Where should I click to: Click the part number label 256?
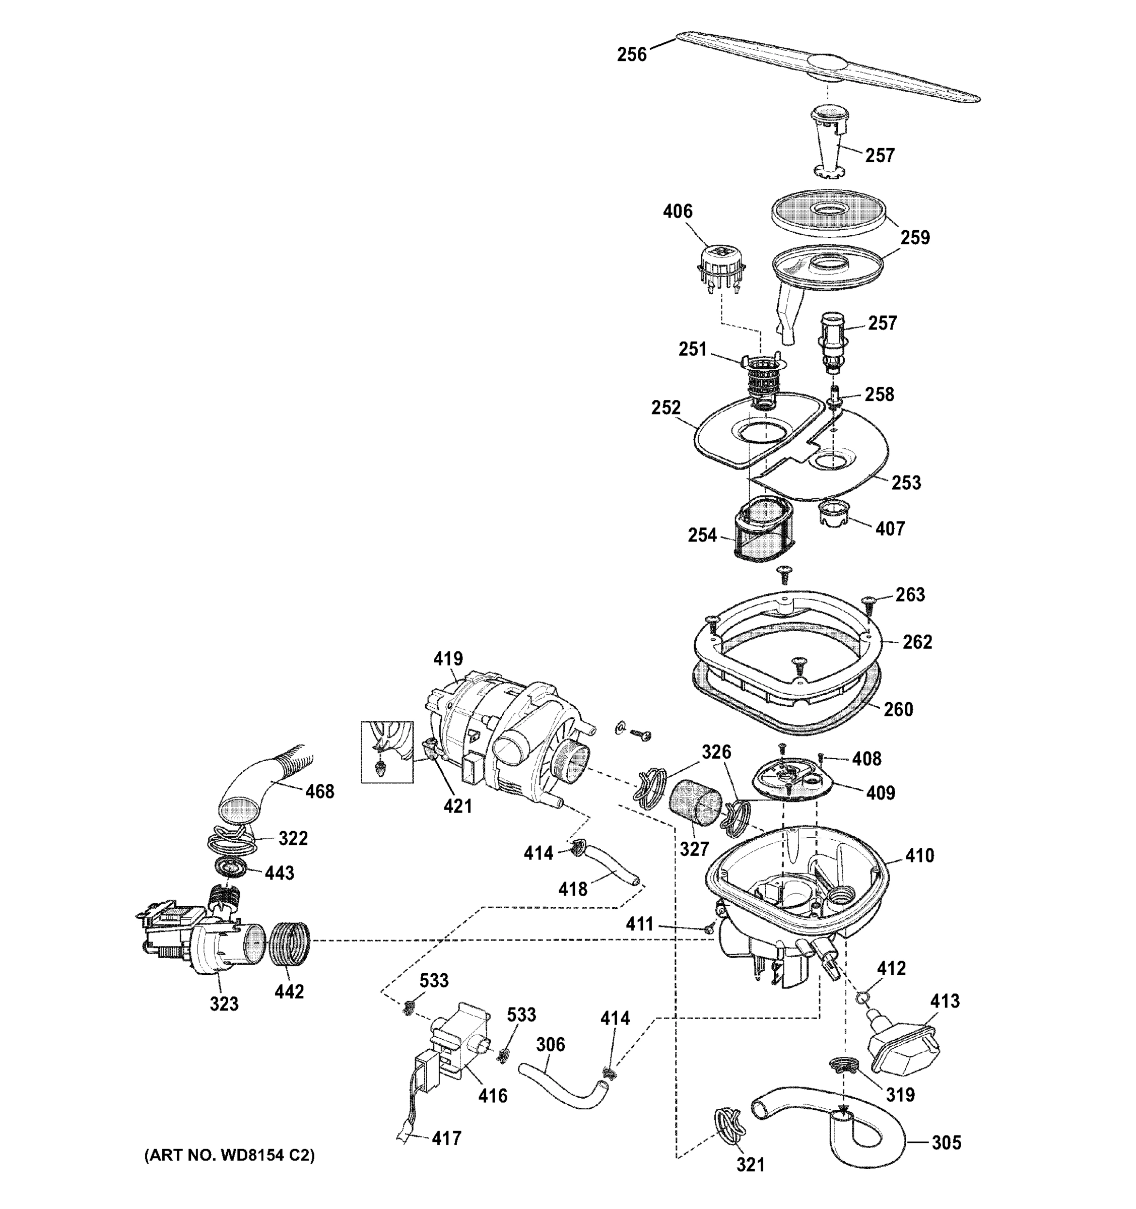pos(631,55)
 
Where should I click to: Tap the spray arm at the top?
pos(827,66)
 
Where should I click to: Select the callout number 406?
pos(678,211)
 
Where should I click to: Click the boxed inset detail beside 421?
pos(387,752)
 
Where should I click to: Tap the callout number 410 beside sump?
pos(919,856)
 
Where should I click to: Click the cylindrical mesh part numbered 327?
pos(693,803)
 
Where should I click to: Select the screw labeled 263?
pos(868,602)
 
